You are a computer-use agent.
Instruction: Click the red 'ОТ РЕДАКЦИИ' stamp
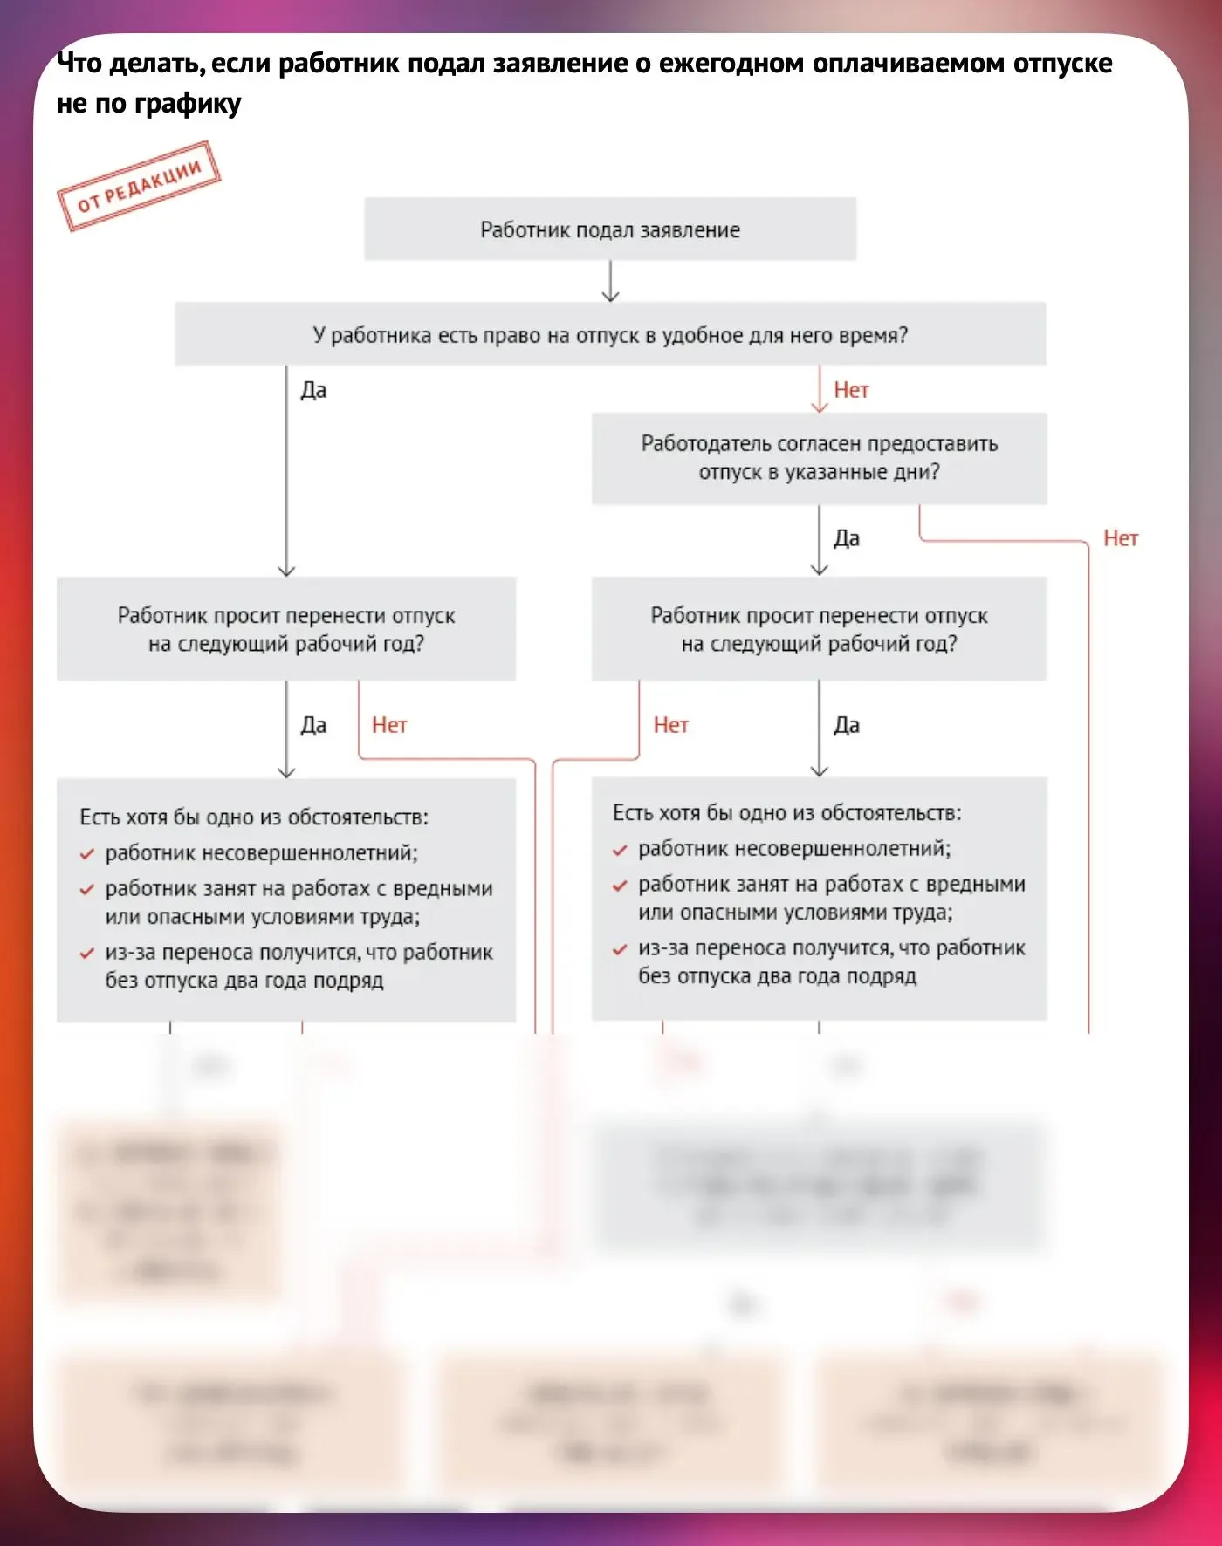point(139,186)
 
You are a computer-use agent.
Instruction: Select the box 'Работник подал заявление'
point(610,229)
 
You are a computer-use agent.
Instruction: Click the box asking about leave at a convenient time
point(610,335)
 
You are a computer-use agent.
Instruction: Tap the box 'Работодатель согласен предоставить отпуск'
point(819,458)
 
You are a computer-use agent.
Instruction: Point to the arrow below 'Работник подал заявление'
point(611,282)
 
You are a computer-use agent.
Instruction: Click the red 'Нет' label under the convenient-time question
point(851,390)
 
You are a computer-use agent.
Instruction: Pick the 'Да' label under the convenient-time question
point(313,390)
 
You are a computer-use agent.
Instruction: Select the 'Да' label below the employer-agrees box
point(847,538)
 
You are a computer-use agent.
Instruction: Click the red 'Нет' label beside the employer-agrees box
point(1121,538)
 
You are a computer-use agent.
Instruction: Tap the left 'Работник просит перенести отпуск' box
point(286,629)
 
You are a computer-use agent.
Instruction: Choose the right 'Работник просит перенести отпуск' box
point(819,629)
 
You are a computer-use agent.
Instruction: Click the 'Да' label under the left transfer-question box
point(313,725)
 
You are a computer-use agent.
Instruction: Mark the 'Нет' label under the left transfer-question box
point(389,725)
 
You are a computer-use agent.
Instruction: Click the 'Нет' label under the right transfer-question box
point(671,725)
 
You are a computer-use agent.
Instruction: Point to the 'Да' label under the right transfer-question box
point(847,725)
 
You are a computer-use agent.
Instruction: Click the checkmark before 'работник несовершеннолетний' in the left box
point(86,854)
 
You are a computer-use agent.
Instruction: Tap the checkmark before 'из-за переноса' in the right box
point(620,950)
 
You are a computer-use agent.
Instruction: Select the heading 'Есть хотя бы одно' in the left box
point(254,817)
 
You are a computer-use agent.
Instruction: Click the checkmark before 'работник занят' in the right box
point(620,886)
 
